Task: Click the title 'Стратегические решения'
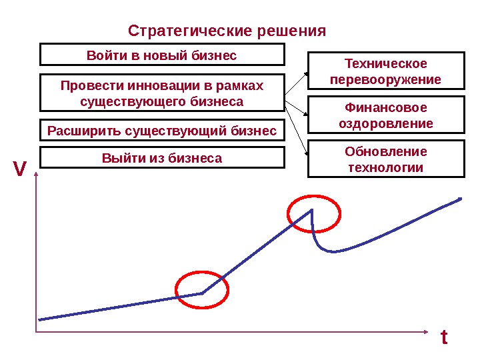(227, 31)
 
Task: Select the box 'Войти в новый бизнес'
(162, 55)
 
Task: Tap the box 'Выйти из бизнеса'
(162, 158)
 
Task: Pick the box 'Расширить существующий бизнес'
(162, 131)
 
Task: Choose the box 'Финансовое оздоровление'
(385, 115)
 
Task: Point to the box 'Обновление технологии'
(385, 159)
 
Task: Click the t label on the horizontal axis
(444, 338)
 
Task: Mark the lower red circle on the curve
(201, 291)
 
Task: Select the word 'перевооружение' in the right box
(385, 80)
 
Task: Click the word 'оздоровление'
(385, 123)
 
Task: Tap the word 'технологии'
(385, 167)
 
